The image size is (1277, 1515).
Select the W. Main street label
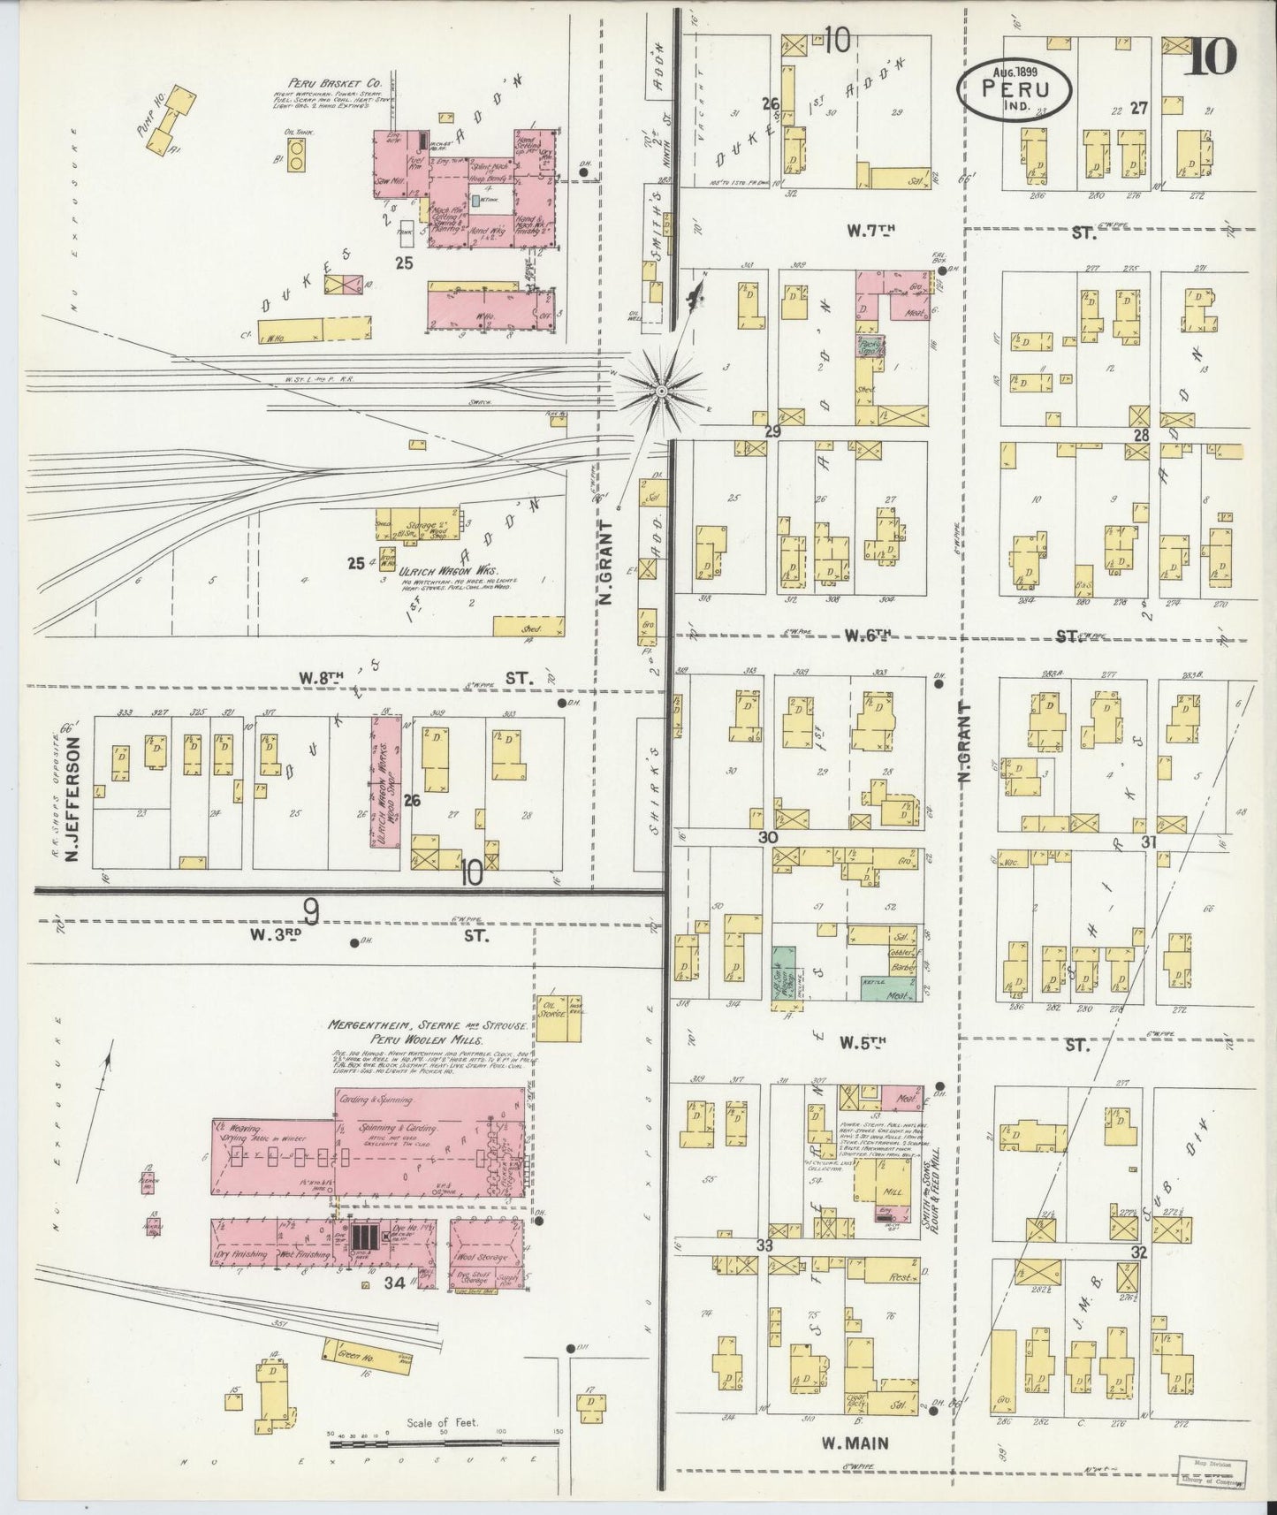pos(855,1443)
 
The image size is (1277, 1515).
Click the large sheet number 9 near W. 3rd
pos(310,910)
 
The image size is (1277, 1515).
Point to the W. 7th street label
pos(870,231)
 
